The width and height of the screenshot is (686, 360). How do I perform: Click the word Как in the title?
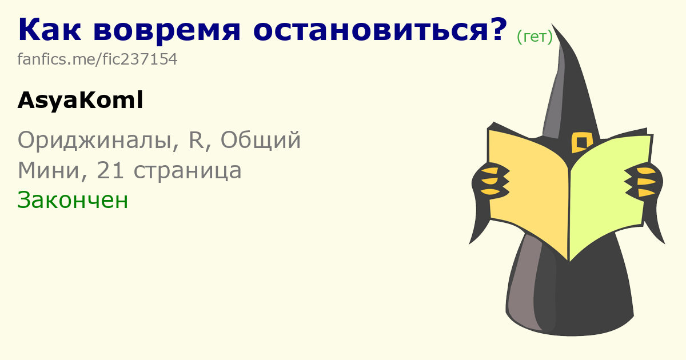coord(50,29)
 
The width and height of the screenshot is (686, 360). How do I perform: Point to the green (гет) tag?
coord(535,37)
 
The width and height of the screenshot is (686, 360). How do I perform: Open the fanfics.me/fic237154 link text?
coord(97,59)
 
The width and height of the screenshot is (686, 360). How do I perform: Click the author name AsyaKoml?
coord(80,101)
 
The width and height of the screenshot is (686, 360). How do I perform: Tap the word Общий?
coord(261,139)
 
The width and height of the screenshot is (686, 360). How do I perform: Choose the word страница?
coord(188,171)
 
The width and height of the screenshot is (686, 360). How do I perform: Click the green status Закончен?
coord(73,200)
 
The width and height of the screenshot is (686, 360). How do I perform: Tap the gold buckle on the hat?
coord(581,142)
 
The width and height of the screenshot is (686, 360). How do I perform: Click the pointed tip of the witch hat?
coord(552,24)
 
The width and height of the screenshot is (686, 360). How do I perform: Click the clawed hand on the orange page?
coord(489,183)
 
